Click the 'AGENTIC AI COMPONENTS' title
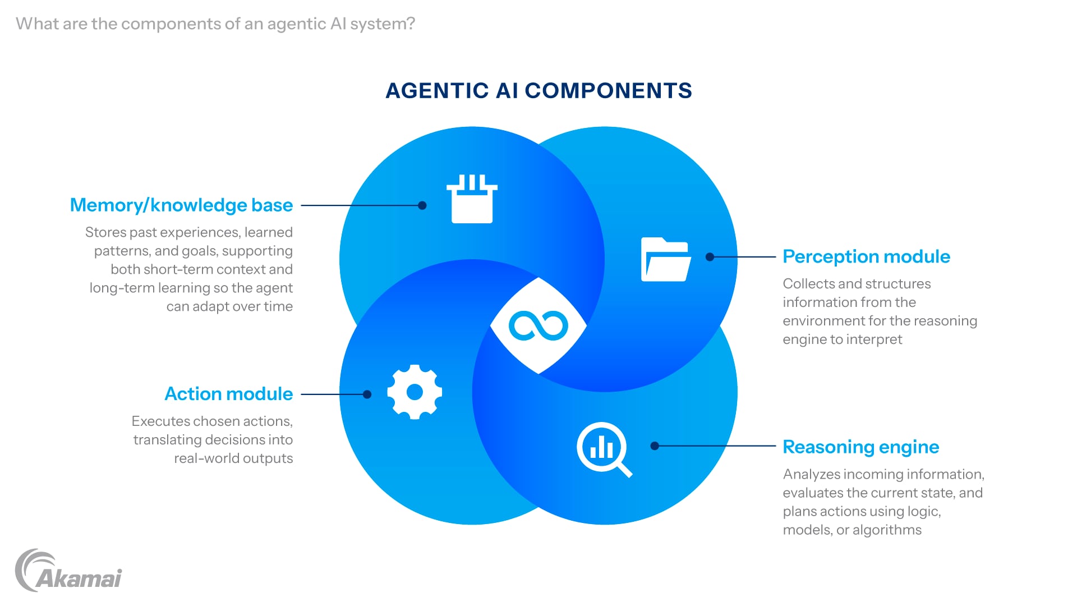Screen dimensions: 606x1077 click(x=538, y=91)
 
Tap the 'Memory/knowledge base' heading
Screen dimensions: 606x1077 click(x=181, y=205)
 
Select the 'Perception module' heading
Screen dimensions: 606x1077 click(x=866, y=257)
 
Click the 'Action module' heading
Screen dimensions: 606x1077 click(x=228, y=394)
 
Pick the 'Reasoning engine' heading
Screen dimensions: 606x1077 click(x=860, y=447)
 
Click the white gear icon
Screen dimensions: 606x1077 click(x=415, y=392)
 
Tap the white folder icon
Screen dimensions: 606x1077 click(x=665, y=260)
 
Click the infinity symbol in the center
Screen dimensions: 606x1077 click(x=538, y=325)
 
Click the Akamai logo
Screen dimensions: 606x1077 click(x=68, y=571)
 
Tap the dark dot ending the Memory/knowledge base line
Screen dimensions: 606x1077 click(x=422, y=206)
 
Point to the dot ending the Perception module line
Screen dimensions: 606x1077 click(x=710, y=257)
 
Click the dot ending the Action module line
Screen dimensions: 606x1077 click(x=367, y=394)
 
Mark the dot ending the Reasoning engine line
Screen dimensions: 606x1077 click(x=655, y=446)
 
